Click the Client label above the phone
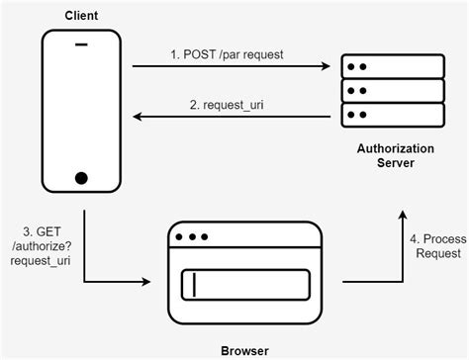81,15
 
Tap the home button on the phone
81,178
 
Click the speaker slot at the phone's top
81,44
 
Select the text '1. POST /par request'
227,54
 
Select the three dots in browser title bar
192,238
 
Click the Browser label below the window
241,349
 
